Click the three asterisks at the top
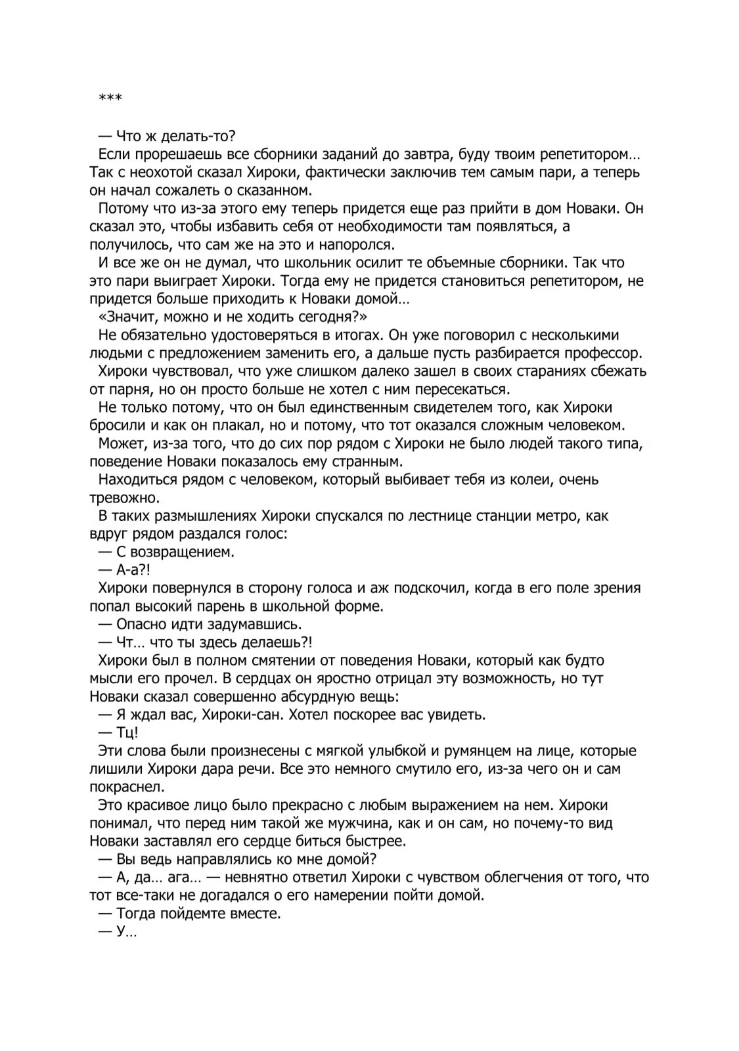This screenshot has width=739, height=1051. [110, 99]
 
